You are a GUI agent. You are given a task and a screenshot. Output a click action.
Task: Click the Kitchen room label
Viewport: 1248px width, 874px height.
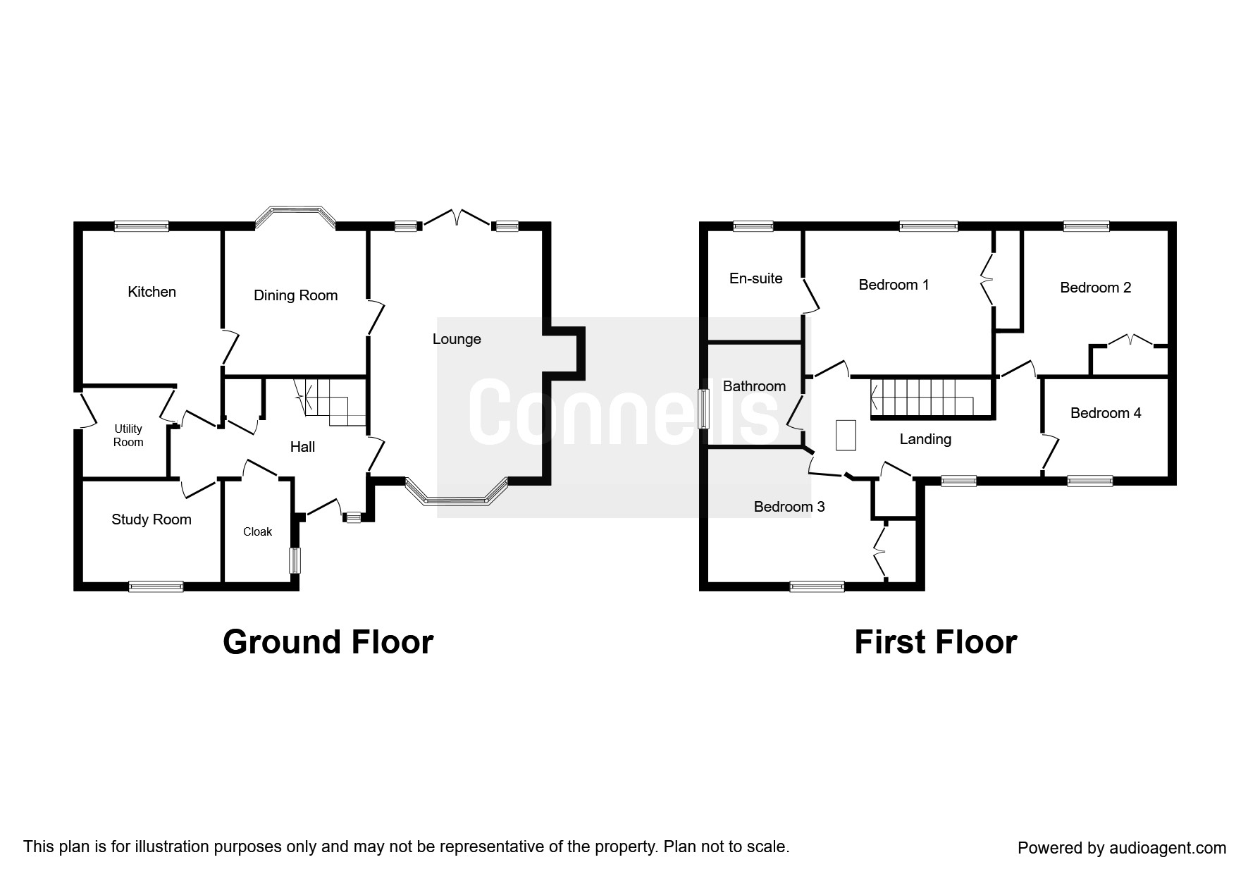coord(152,292)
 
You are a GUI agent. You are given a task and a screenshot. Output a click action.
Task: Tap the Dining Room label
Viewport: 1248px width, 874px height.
coord(295,295)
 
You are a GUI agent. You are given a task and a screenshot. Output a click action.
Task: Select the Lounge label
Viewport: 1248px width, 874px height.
coord(457,339)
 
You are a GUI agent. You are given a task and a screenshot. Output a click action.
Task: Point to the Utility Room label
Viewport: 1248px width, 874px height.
coord(128,436)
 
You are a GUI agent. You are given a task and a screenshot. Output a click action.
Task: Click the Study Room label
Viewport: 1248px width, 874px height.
coord(152,519)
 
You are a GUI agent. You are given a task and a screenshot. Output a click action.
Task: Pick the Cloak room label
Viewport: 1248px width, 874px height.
coord(257,532)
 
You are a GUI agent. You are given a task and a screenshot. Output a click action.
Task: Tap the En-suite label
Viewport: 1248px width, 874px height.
coord(755,278)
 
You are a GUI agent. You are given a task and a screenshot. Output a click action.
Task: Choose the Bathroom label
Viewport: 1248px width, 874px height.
coord(754,386)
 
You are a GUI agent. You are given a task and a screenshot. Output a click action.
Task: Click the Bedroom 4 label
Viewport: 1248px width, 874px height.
coord(1106,413)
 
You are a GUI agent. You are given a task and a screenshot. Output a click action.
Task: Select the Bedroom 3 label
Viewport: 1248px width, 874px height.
coord(789,507)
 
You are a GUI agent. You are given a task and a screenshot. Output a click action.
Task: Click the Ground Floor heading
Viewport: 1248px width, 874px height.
coord(328,642)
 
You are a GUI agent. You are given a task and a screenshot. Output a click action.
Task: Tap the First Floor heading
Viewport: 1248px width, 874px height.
coord(936,642)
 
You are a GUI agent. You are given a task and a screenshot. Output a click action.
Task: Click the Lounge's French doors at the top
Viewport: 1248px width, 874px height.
coord(457,217)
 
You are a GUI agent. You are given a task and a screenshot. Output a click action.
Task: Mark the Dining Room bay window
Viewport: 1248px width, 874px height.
coord(295,217)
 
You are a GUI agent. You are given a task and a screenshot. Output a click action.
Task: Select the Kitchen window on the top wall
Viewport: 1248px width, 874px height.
coord(142,226)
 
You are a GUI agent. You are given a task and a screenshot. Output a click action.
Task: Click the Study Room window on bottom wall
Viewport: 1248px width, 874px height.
coord(156,586)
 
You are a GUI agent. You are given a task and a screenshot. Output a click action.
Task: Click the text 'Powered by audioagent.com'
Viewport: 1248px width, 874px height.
coord(1122,848)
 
